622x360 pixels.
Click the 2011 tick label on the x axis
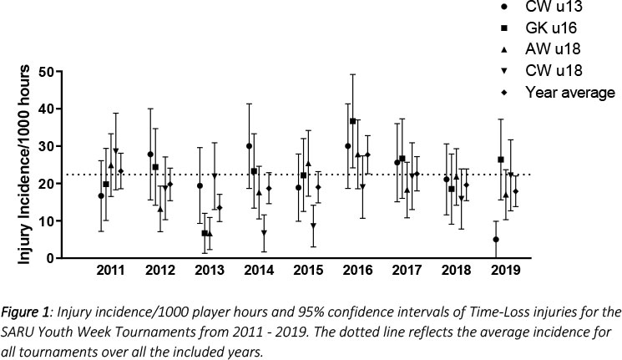pyautogui.click(x=110, y=271)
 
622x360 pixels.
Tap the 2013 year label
pyautogui.click(x=210, y=271)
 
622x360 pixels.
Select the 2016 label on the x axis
pyautogui.click(x=357, y=271)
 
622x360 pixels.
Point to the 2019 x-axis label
pyautogui.click(x=506, y=271)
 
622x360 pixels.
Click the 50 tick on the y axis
pyautogui.click(x=55, y=72)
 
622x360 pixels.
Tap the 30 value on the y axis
pyautogui.click(x=55, y=146)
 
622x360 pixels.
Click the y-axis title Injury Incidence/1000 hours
pyautogui.click(x=26, y=165)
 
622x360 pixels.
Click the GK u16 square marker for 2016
pyautogui.click(x=353, y=121)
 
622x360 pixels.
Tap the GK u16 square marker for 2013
pyautogui.click(x=205, y=233)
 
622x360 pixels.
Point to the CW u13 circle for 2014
pyautogui.click(x=250, y=146)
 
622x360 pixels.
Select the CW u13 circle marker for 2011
pyautogui.click(x=101, y=196)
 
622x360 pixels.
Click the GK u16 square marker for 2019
pyautogui.click(x=501, y=160)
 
